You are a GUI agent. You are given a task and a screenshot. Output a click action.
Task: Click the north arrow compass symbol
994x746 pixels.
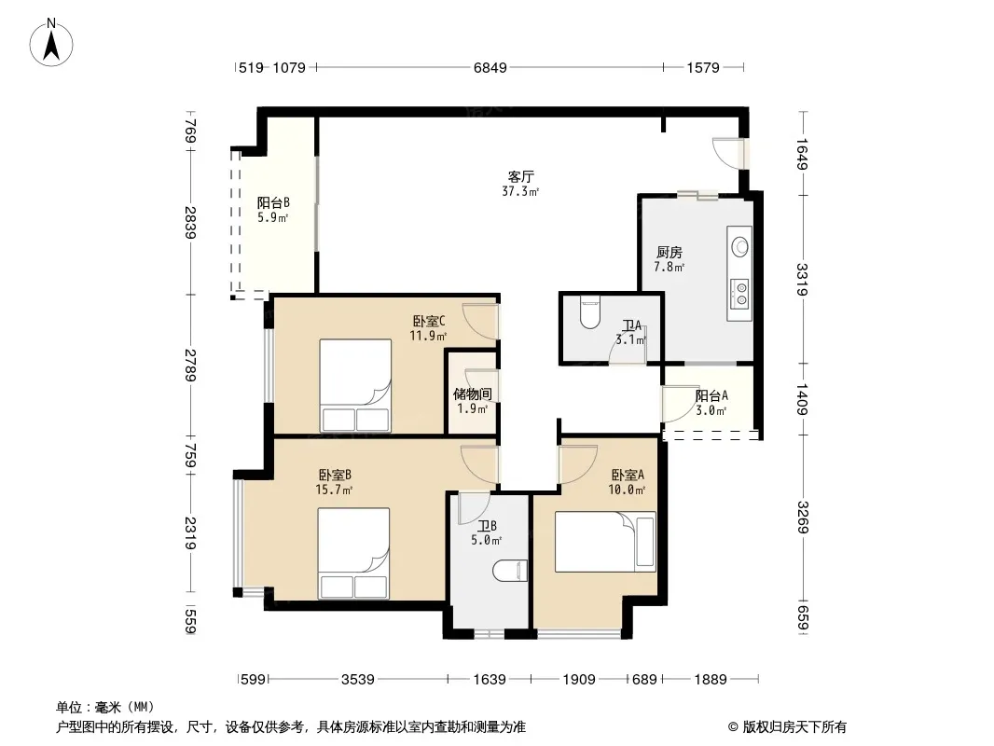[x=51, y=42]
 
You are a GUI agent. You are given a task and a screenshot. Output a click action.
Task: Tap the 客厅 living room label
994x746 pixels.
[x=520, y=176]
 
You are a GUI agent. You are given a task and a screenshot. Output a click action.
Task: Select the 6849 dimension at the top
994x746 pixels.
[x=490, y=67]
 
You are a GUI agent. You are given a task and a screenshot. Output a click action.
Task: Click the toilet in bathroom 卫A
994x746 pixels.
[x=589, y=313]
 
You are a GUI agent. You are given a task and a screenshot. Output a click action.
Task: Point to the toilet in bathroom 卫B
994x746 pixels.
[x=510, y=571]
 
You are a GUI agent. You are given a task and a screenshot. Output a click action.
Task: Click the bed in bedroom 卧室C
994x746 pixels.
[x=355, y=386]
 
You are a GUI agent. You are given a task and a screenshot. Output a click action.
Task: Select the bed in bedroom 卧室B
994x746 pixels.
[x=353, y=553]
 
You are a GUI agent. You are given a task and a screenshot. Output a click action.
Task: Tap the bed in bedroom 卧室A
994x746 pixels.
[x=605, y=542]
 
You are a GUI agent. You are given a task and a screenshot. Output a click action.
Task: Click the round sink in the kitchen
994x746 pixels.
[x=739, y=245]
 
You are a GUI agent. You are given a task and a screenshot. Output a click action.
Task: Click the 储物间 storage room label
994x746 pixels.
[x=472, y=394]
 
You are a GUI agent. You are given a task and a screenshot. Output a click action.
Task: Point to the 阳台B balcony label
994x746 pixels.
[x=273, y=203]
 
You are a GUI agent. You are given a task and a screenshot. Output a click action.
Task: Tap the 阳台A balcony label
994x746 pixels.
[x=711, y=396]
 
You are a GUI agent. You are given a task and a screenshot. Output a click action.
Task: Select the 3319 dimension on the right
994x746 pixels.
[x=802, y=280]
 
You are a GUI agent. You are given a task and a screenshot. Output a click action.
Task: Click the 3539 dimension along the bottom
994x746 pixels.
[x=357, y=680]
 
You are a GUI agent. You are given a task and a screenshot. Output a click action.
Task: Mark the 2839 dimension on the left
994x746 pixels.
[x=189, y=223]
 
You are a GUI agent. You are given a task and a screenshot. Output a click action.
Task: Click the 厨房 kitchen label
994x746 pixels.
[x=669, y=253]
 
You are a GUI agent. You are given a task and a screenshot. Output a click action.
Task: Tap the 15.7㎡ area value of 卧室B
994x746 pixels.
[x=334, y=490]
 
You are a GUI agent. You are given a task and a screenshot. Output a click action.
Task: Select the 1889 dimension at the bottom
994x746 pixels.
[x=710, y=680]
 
